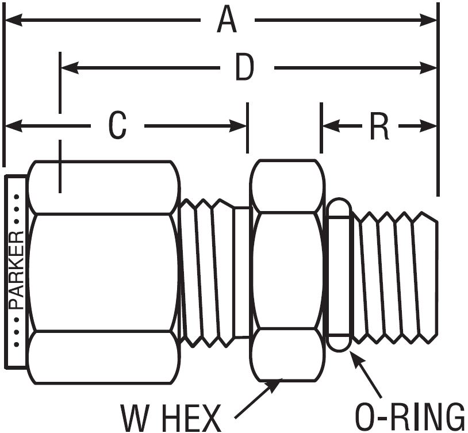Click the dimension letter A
(x=227, y=21)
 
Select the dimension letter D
(x=244, y=68)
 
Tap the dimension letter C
(x=117, y=126)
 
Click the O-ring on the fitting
(x=339, y=276)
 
